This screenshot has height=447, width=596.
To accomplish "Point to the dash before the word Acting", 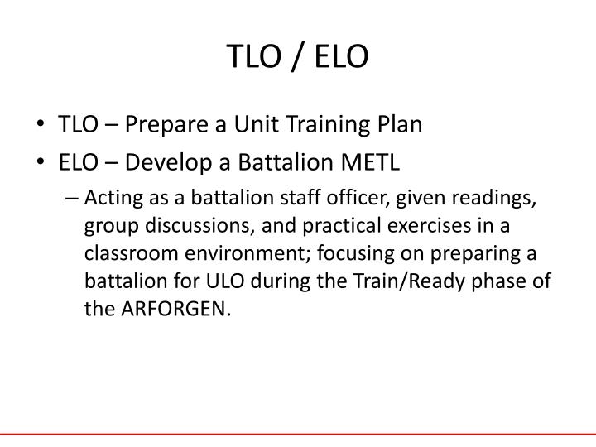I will (x=74, y=197).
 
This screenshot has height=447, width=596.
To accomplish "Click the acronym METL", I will (x=370, y=161).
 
